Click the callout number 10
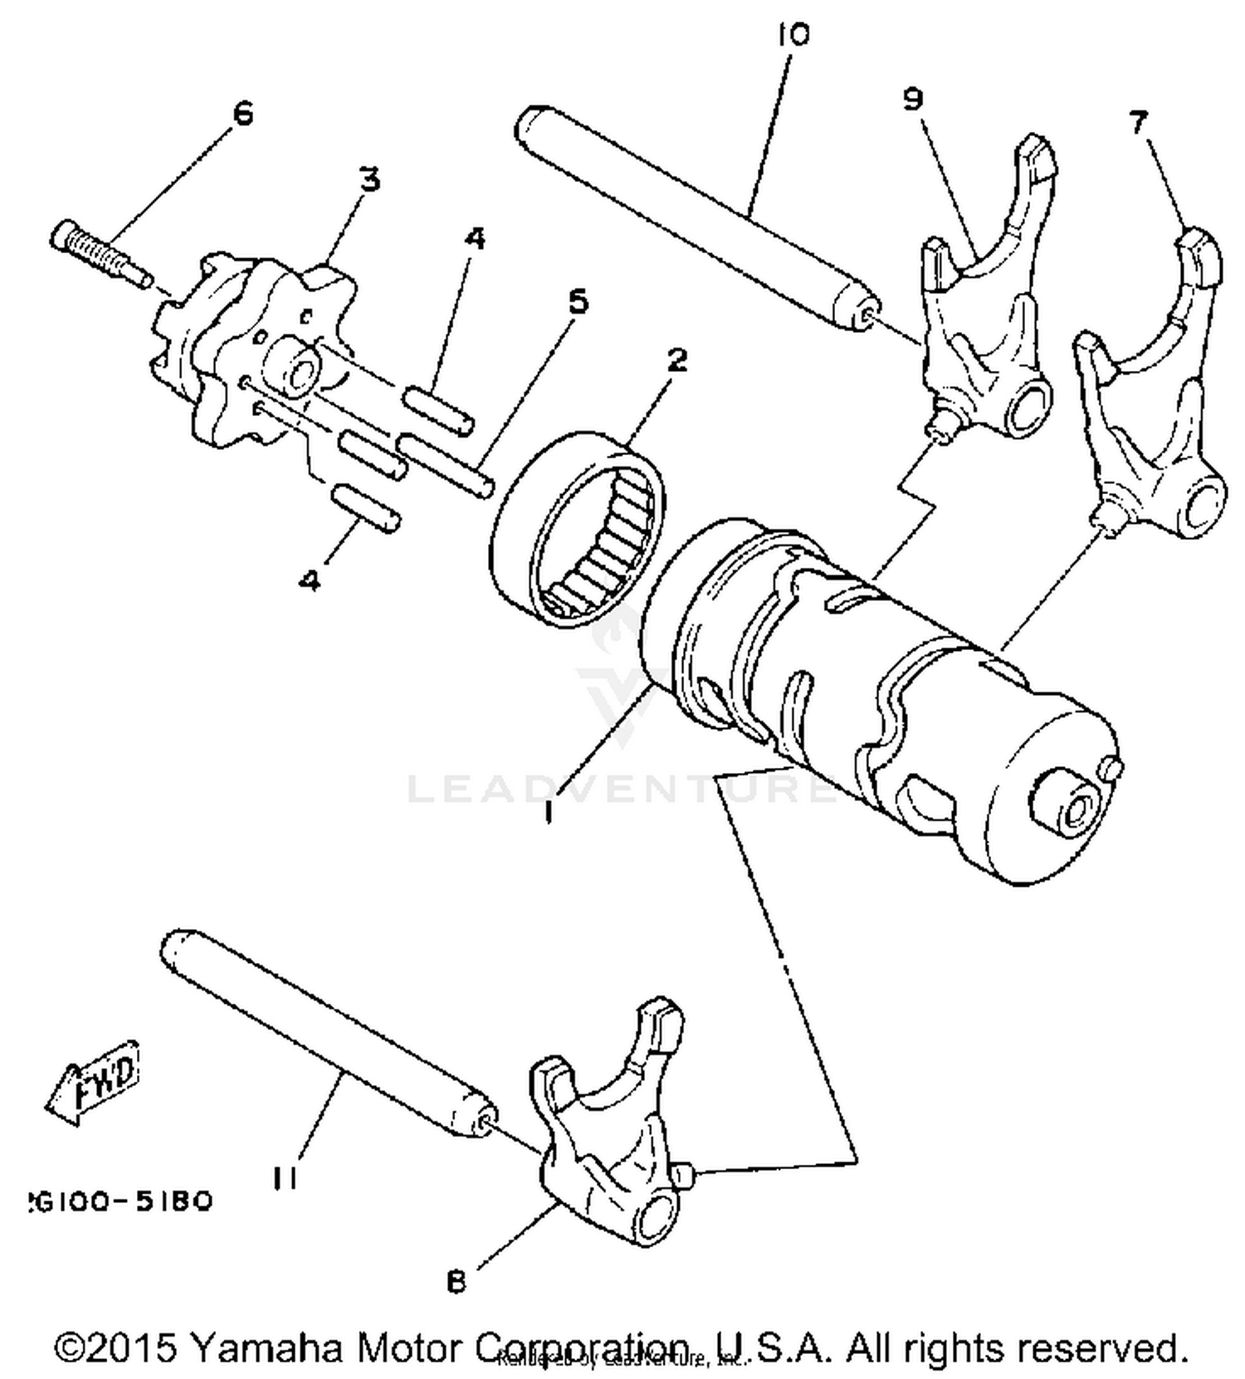click(x=793, y=35)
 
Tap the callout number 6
click(x=242, y=113)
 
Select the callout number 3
click(x=369, y=178)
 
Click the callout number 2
click(x=676, y=359)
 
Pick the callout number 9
click(x=912, y=99)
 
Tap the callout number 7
click(x=1139, y=122)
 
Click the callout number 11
click(x=285, y=1177)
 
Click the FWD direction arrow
click(x=93, y=1083)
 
